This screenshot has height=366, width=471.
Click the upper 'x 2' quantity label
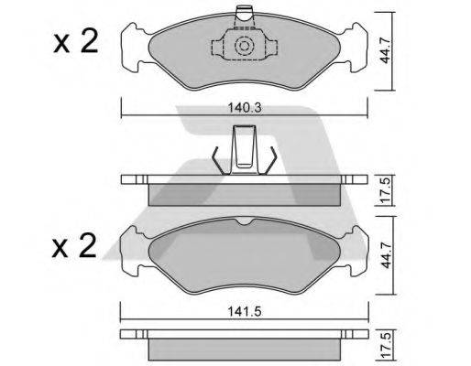coord(74,42)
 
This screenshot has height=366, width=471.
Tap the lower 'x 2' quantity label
coord(74,247)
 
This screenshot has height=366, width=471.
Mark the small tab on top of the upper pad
coord(246,14)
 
